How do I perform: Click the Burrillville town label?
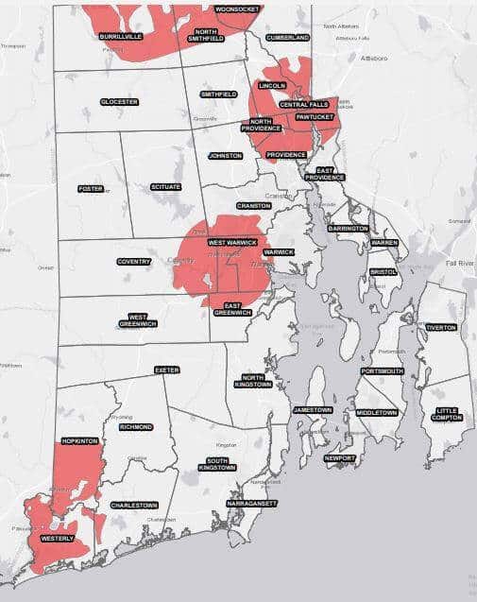[119, 36]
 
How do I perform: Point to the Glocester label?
[119, 101]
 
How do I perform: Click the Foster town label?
[91, 188]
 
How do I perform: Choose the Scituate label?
[165, 187]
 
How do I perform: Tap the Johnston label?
[225, 155]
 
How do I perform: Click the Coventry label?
[134, 262]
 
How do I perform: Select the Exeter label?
[166, 370]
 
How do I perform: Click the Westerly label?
[58, 539]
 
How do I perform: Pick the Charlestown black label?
[133, 506]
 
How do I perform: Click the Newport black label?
[339, 458]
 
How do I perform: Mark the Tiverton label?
[440, 327]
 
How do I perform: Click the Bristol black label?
[383, 271]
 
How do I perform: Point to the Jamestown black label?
[313, 410]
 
